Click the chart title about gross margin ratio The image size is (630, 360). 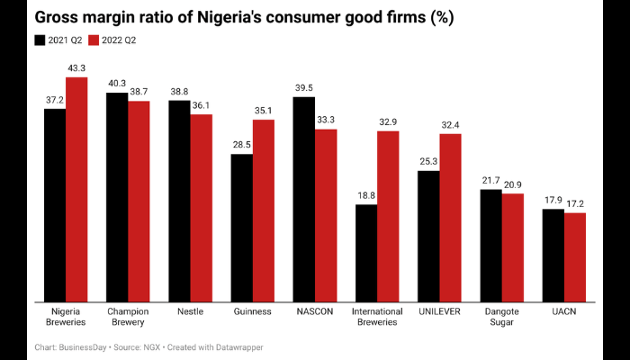(x=256, y=18)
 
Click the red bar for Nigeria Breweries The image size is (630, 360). (x=76, y=189)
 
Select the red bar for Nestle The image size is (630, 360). (x=201, y=207)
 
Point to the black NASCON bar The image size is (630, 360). (x=304, y=198)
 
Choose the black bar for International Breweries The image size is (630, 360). (x=366, y=252)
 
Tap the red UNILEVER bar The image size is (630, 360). (x=450, y=216)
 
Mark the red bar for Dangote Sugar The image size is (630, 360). (x=512, y=247)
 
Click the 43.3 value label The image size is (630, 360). (x=76, y=68)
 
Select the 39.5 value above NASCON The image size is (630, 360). (x=304, y=87)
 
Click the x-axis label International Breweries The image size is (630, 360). (x=377, y=317)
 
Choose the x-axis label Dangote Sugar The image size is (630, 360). (x=501, y=317)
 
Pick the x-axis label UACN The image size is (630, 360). (x=563, y=311)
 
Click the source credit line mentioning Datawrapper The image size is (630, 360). (x=149, y=346)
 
